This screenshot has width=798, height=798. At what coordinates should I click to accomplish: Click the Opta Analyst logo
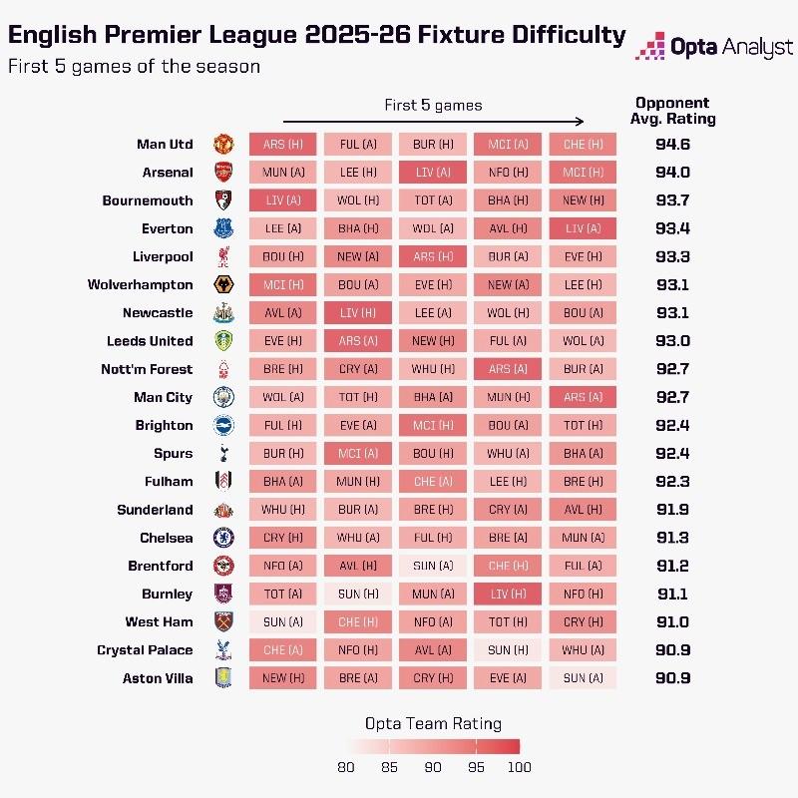point(713,46)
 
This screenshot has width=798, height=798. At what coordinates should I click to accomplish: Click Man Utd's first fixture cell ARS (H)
point(282,145)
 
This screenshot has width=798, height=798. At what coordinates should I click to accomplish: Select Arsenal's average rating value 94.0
point(673,173)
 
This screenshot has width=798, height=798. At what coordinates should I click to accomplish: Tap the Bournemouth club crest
point(223,200)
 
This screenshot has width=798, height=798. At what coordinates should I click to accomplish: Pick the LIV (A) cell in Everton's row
point(583,228)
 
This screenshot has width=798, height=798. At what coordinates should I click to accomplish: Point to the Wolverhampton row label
point(141,284)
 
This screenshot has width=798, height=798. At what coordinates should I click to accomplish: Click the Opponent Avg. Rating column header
point(672,110)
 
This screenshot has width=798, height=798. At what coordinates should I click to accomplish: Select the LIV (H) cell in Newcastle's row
point(357,312)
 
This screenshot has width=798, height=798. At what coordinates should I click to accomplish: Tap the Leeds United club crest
point(223,340)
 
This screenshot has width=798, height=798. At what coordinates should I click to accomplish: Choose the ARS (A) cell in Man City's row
point(583,397)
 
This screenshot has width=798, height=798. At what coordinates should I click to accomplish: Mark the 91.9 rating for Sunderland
point(673,509)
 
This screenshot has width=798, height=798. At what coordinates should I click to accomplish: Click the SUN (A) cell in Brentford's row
point(432,566)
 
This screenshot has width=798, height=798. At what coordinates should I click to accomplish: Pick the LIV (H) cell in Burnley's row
point(507,594)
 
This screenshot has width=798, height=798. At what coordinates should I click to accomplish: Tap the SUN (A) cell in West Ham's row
point(282,621)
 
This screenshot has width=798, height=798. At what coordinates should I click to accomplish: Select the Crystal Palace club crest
point(223,649)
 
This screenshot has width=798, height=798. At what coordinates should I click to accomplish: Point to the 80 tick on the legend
point(347,767)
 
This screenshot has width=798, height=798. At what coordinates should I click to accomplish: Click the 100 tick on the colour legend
point(520,767)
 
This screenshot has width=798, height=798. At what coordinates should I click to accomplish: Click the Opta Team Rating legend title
point(433,724)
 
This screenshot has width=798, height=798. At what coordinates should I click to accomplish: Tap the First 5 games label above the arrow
point(433,105)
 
